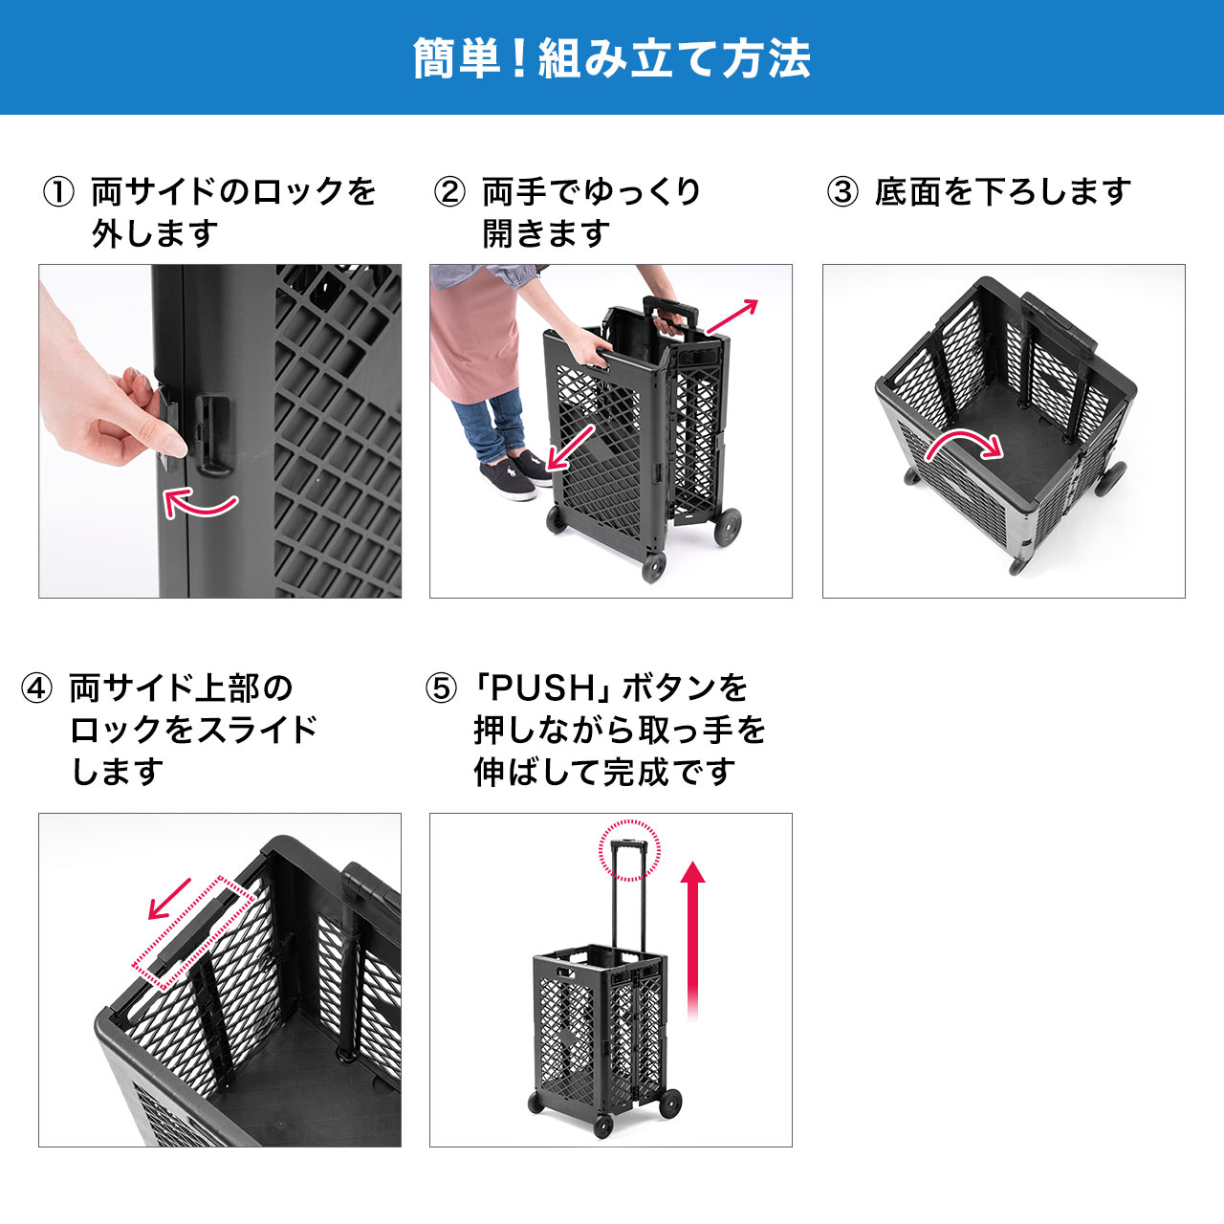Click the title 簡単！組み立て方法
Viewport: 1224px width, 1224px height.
[612, 58]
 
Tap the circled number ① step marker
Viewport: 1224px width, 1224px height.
[58, 192]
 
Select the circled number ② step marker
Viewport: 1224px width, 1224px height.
[449, 192]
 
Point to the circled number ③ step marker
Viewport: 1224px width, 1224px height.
[842, 192]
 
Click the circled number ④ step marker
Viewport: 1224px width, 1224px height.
[37, 688]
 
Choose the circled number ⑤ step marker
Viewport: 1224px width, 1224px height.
[441, 688]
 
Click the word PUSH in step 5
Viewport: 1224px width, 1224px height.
[543, 688]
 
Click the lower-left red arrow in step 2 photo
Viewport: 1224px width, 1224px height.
[571, 448]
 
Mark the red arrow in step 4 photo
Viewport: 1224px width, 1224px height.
[170, 899]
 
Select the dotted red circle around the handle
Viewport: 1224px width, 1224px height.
[629, 849]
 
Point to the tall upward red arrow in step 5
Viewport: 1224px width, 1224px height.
[693, 937]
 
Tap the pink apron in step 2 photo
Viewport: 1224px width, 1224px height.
[473, 335]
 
